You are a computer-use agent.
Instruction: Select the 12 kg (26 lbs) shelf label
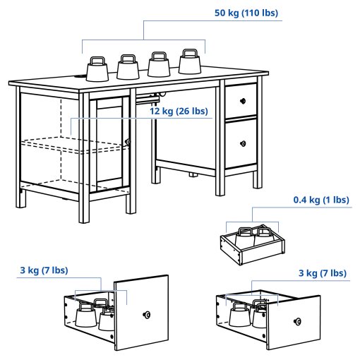point(178,111)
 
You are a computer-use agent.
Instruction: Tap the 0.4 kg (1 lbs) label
point(321,200)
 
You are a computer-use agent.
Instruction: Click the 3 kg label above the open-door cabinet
point(43,270)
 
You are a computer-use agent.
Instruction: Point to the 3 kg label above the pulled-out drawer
point(321,273)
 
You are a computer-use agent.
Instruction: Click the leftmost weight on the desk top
point(96,70)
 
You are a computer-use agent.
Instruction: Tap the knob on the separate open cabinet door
point(148,313)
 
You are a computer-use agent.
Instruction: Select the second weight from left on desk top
point(128,68)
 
